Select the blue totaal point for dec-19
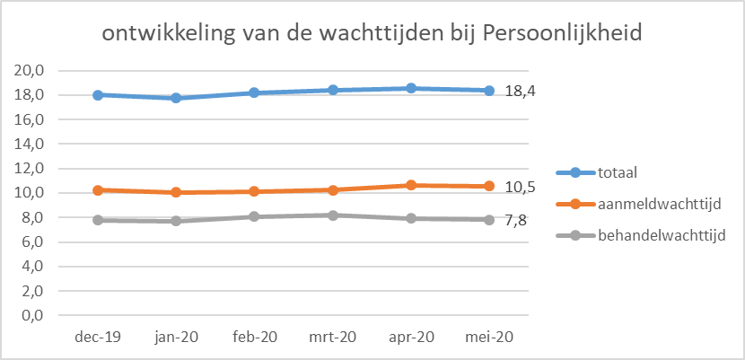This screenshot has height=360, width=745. tap(97, 94)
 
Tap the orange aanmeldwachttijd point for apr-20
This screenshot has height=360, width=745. tap(411, 185)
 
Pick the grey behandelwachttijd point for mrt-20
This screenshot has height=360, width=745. tap(332, 215)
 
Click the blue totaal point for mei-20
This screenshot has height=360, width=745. tap(489, 90)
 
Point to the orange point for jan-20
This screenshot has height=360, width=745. tap(176, 192)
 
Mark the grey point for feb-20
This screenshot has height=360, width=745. tap(254, 216)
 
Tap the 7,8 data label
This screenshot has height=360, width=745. tap(515, 221)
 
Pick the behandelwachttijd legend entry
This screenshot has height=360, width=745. tap(662, 236)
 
